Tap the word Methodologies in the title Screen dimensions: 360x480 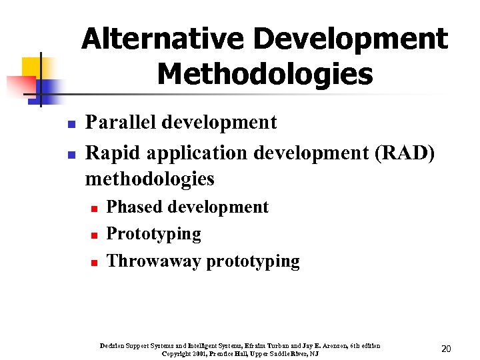point(265,74)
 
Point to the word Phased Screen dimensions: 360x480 point(134,207)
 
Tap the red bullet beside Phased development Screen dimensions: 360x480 point(95,209)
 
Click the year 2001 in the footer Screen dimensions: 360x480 point(199,353)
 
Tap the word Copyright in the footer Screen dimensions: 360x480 point(177,353)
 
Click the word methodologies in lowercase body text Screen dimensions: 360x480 point(150,179)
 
